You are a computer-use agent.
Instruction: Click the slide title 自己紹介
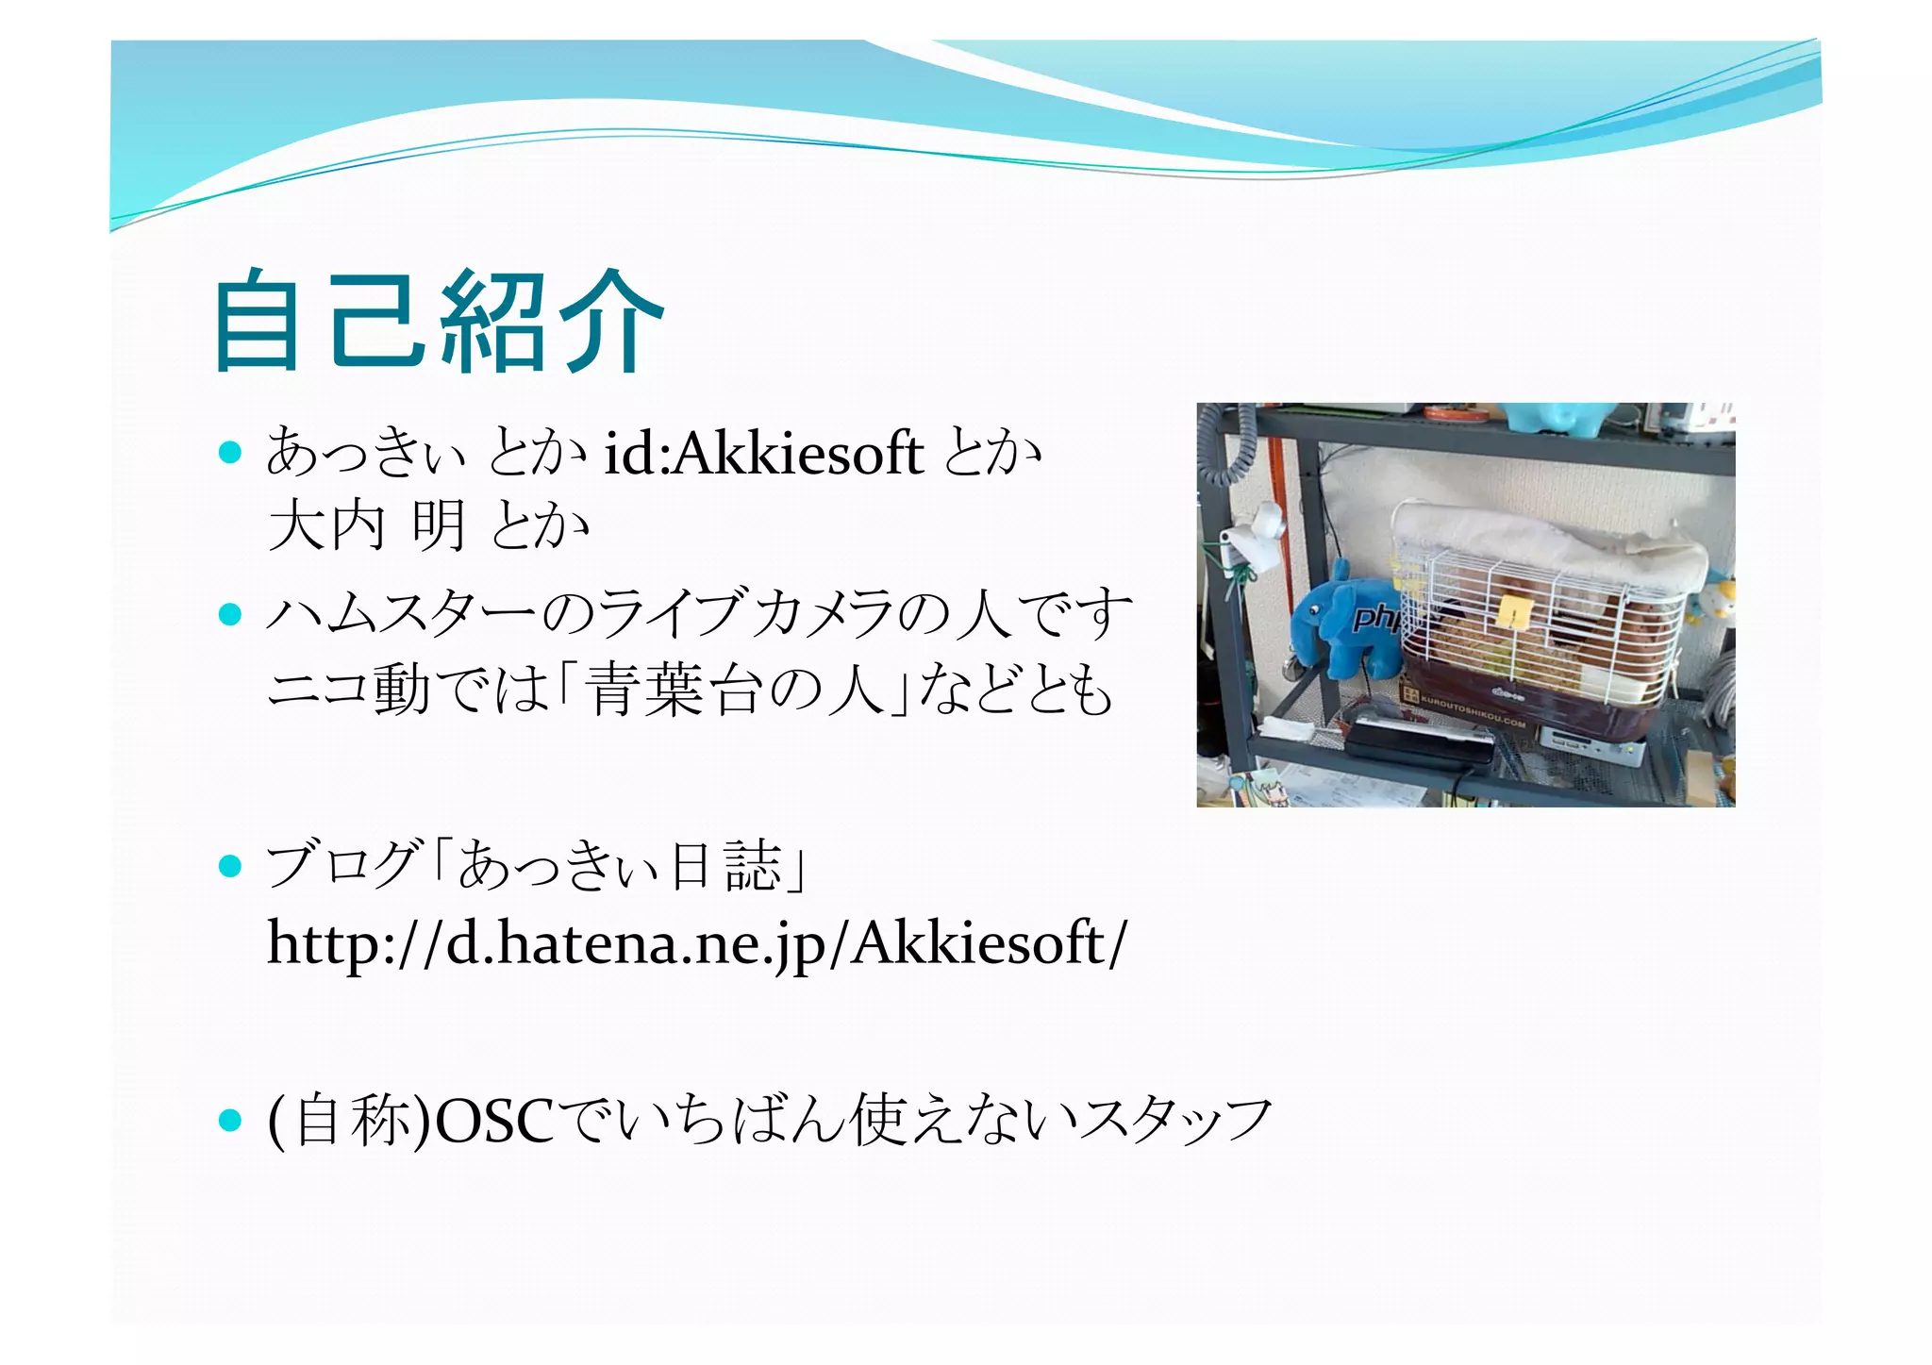tap(440, 321)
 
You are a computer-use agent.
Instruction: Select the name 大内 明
tap(367, 525)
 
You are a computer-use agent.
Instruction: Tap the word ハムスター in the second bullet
tap(402, 614)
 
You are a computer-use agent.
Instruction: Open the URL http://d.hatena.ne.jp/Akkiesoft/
tap(696, 942)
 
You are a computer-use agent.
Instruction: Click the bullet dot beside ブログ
tap(230, 865)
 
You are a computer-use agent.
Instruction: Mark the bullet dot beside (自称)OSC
tap(230, 1120)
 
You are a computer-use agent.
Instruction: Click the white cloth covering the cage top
tap(1547, 538)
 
